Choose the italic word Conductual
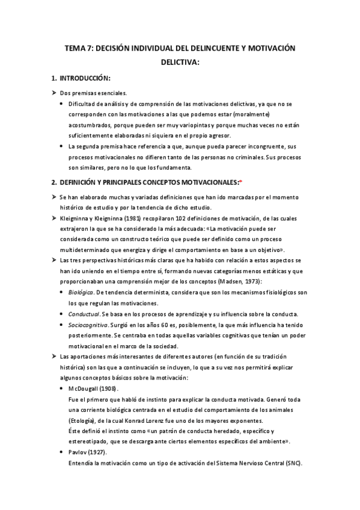[84, 315]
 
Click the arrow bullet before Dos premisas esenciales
[54, 93]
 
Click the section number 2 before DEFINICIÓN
[53, 182]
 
